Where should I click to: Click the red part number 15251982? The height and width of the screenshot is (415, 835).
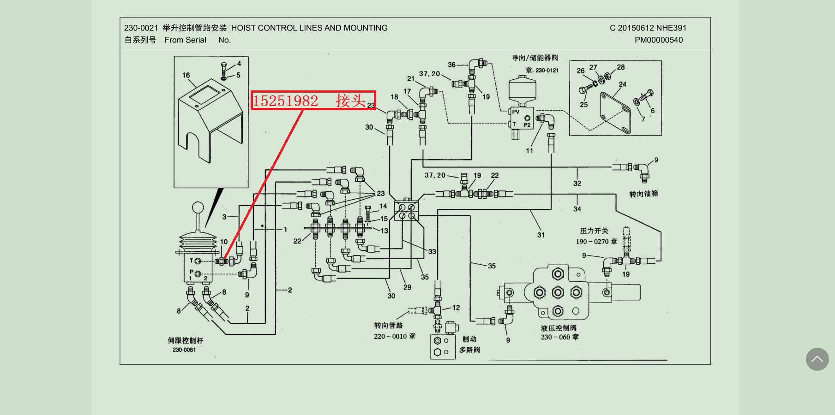(x=285, y=101)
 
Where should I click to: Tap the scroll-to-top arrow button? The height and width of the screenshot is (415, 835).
(x=817, y=359)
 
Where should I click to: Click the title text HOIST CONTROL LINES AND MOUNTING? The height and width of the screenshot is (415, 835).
(x=309, y=28)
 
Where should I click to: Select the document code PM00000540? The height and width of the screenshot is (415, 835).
(x=658, y=40)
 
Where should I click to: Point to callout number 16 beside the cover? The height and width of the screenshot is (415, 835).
(x=186, y=75)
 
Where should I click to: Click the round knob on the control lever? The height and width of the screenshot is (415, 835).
(x=198, y=207)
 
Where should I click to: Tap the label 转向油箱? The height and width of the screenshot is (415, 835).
(x=643, y=194)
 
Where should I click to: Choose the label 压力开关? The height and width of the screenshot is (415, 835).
(x=594, y=231)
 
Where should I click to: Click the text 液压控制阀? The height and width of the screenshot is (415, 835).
(x=559, y=328)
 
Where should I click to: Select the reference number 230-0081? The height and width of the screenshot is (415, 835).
(x=184, y=350)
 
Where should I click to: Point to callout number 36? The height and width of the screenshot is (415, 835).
(x=451, y=65)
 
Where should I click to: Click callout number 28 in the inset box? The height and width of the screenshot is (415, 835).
(x=621, y=67)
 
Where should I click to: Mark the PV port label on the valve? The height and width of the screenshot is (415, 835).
(x=516, y=112)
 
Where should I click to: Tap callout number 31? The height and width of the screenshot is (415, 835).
(x=541, y=235)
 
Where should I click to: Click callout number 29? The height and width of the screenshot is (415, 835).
(x=407, y=287)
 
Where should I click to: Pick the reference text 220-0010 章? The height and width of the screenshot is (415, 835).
(x=395, y=337)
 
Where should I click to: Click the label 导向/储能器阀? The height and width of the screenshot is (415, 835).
(x=535, y=58)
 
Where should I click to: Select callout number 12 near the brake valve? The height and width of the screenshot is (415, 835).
(x=456, y=308)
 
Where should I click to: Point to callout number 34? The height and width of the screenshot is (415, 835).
(x=577, y=209)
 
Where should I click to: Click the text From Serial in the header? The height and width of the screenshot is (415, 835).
(x=185, y=40)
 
